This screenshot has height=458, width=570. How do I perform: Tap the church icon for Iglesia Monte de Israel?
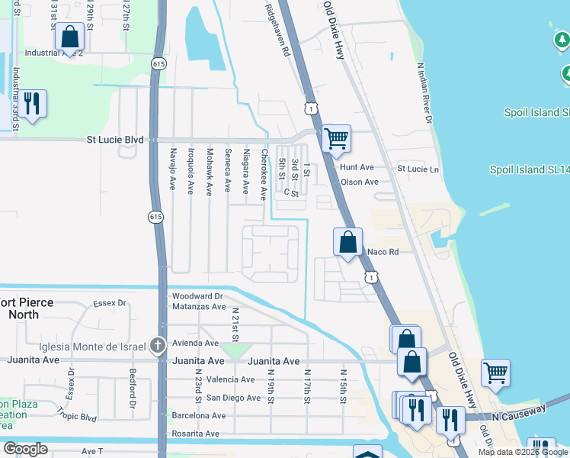click(x=158, y=344)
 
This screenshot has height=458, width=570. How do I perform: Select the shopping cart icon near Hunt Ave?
click(x=336, y=140)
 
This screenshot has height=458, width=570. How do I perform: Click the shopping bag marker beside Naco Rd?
click(x=347, y=243)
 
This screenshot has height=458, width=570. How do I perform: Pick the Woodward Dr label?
click(x=197, y=296)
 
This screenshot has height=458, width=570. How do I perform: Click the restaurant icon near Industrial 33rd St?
click(x=31, y=103)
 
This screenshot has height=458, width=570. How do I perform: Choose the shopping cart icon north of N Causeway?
click(x=495, y=373)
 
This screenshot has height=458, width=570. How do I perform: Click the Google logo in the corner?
click(x=26, y=448)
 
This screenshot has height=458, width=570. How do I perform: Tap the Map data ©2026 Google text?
click(x=523, y=452)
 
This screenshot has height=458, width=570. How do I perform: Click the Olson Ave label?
click(x=360, y=182)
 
